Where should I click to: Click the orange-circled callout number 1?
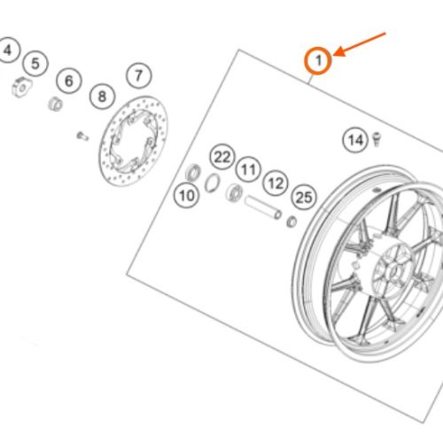318,60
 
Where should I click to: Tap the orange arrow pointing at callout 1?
360,44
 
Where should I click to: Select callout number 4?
8,51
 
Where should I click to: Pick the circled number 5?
35,64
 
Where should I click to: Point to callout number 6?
69,81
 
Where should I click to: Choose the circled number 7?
139,75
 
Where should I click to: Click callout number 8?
102,97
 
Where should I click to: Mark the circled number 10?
187,196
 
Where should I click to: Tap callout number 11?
248,169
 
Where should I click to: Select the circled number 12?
276,183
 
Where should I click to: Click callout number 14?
355,140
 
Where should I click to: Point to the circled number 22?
222,157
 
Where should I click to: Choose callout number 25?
304,198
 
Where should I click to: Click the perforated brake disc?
134,141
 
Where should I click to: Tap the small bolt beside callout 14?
377,139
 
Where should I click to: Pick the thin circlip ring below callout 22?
213,183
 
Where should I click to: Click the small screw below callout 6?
82,136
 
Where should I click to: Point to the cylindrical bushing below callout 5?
55,104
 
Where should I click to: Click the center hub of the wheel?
392,271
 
